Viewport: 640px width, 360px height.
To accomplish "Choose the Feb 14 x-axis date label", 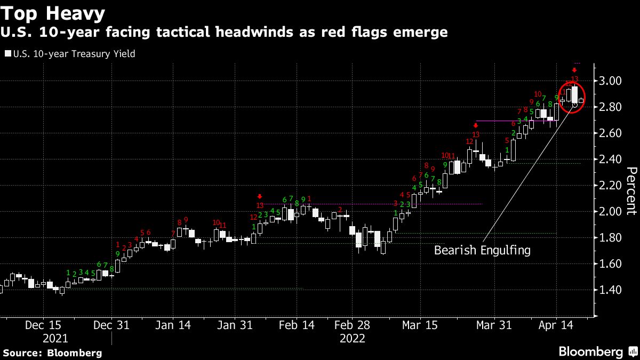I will pyautogui.click(x=297, y=325).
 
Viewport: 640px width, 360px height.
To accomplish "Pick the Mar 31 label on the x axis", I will pyautogui.click(x=494, y=325).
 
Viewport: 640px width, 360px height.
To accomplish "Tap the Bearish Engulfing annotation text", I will pyautogui.click(x=482, y=250).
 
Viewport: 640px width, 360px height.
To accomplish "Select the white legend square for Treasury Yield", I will pyautogui.click(x=7, y=53).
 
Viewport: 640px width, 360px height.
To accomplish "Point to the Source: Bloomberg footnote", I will pyautogui.click(x=52, y=353).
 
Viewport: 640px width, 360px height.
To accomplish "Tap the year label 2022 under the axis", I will pyautogui.click(x=353, y=338).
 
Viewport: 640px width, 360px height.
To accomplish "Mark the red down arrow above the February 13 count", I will pyautogui.click(x=260, y=196).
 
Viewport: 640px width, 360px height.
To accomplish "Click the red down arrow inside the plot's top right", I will pyautogui.click(x=574, y=70).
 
